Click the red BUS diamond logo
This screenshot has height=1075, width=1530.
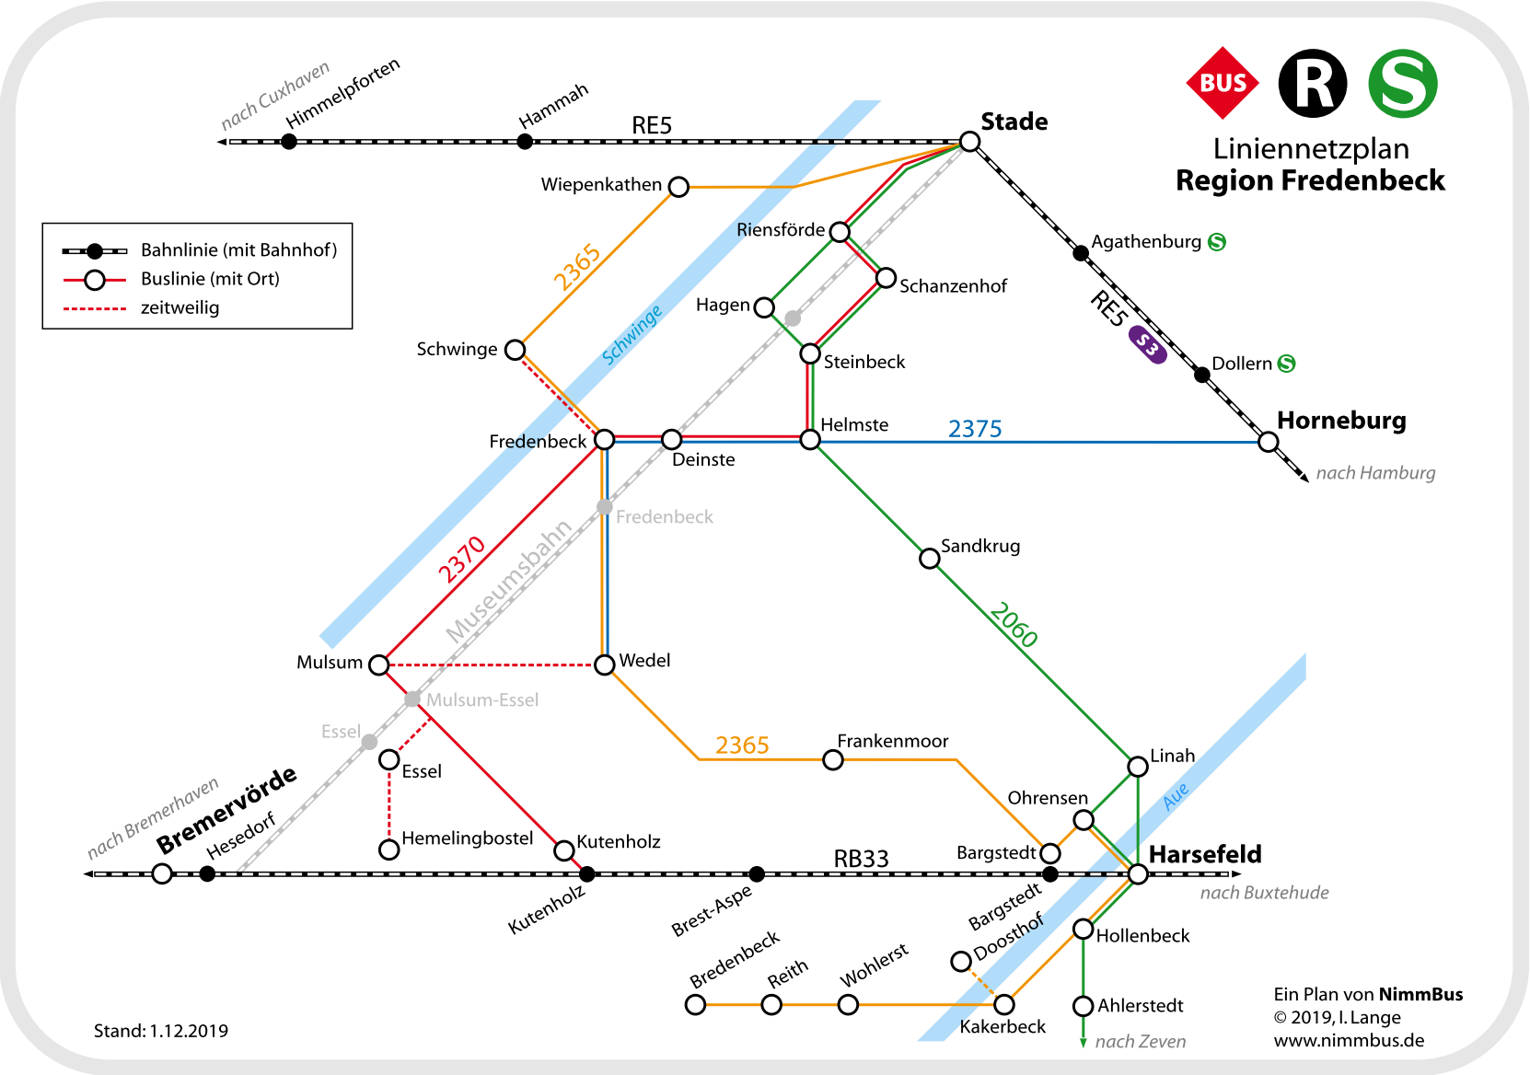pyautogui.click(x=1223, y=83)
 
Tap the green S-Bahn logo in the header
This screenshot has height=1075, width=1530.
pyautogui.click(x=1402, y=84)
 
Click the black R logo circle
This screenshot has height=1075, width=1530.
pyautogui.click(x=1313, y=84)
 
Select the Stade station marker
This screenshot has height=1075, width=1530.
pyautogui.click(x=969, y=141)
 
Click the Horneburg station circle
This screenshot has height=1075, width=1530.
pyautogui.click(x=1269, y=442)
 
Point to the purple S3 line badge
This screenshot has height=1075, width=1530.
pyautogui.click(x=1147, y=345)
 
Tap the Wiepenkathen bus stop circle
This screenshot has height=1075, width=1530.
pyautogui.click(x=678, y=187)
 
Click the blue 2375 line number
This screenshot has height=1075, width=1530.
pyautogui.click(x=975, y=429)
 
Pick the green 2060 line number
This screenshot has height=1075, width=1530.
pyautogui.click(x=1014, y=625)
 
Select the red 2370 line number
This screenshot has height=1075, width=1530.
pyautogui.click(x=461, y=560)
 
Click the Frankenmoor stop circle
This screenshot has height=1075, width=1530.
pyautogui.click(x=833, y=759)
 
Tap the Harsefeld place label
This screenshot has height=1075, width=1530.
pyautogui.click(x=1205, y=854)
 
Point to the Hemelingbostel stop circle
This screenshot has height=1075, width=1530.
pyautogui.click(x=389, y=849)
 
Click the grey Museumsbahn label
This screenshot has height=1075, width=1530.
pyautogui.click(x=509, y=580)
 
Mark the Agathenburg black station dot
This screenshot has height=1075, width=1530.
pyautogui.click(x=1081, y=252)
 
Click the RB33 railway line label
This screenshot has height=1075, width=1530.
pyautogui.click(x=861, y=859)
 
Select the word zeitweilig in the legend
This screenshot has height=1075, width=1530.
pyautogui.click(x=180, y=307)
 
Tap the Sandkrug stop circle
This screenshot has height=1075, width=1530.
pyautogui.click(x=930, y=558)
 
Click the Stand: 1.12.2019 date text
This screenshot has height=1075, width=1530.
pyautogui.click(x=161, y=1031)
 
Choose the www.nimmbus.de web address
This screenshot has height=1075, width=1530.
pyautogui.click(x=1349, y=1041)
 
